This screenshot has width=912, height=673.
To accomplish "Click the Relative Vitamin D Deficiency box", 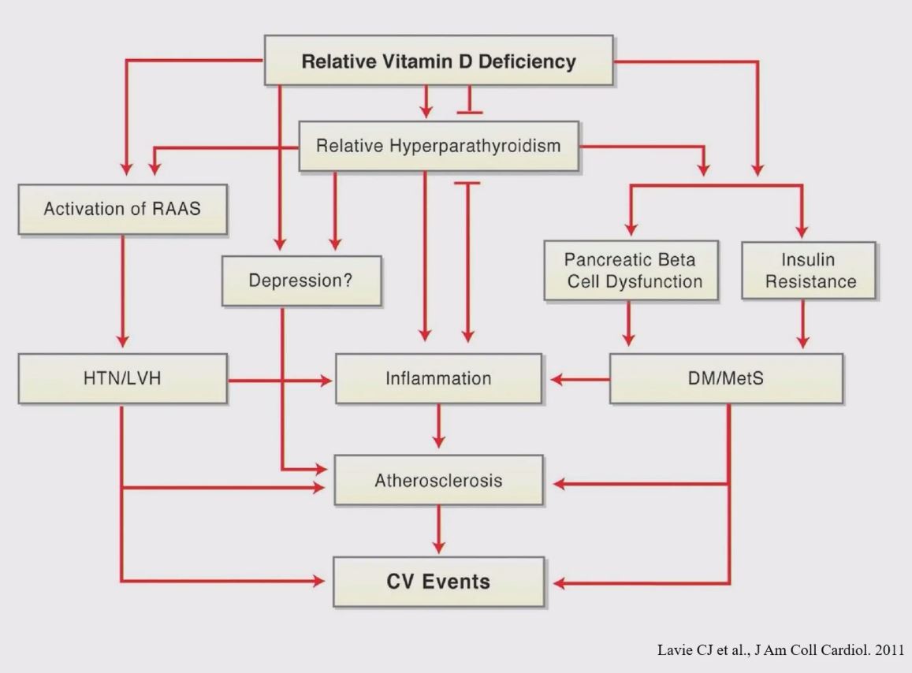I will click(x=438, y=61).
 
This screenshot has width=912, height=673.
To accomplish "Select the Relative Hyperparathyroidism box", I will click(x=438, y=147).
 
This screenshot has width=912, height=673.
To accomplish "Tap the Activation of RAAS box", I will click(x=121, y=210).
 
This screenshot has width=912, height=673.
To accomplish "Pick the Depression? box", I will click(x=303, y=281).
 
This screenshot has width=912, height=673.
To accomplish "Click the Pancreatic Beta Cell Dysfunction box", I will click(x=631, y=270).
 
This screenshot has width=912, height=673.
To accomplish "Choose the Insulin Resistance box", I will click(x=808, y=270).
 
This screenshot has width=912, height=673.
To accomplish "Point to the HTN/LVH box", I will click(x=121, y=379).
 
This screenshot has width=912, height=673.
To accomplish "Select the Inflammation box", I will click(x=438, y=379).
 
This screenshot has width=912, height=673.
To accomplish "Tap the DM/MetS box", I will click(x=726, y=379).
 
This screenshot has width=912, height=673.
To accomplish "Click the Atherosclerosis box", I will click(x=438, y=480).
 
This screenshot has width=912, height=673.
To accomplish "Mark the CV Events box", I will click(x=438, y=582).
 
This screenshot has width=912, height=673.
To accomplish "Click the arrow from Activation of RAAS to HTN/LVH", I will click(x=122, y=292).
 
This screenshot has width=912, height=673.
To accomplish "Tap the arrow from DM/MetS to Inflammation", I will click(x=580, y=380).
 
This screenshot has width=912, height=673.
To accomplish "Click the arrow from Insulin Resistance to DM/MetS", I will click(x=802, y=324).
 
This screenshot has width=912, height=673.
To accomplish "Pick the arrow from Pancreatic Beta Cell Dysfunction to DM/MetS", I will click(x=628, y=324).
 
